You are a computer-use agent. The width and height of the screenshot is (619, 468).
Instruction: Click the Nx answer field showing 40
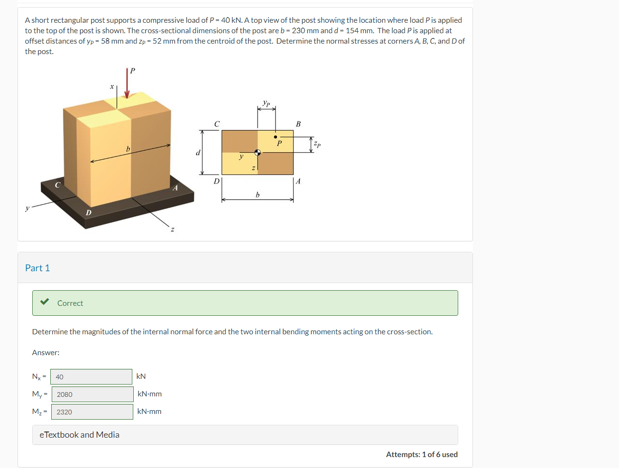point(91,376)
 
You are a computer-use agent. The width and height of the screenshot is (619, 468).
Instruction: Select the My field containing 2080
point(92,394)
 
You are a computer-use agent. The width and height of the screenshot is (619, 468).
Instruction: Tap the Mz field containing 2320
point(92,412)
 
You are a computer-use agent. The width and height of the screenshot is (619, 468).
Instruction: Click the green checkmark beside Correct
point(45,302)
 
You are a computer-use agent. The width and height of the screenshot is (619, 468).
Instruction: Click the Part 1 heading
point(37,268)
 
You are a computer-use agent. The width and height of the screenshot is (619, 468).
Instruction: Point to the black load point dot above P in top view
point(275,137)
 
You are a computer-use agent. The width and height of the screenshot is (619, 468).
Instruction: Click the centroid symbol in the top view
point(258,152)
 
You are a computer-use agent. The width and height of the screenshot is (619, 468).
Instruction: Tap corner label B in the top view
point(298,124)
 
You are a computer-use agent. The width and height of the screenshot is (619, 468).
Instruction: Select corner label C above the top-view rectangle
point(217,124)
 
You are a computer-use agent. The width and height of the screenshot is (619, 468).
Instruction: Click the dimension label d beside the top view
point(198,153)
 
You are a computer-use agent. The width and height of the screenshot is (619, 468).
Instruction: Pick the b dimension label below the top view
point(258,194)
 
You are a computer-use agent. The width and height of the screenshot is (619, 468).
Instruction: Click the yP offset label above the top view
point(267,103)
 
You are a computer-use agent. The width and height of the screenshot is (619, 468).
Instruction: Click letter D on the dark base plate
point(89,212)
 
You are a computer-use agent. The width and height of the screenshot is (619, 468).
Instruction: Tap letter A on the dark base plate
point(175,188)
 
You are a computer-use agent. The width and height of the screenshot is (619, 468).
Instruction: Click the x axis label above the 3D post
point(112,86)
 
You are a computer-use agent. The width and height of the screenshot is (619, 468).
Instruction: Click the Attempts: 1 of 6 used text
point(422,454)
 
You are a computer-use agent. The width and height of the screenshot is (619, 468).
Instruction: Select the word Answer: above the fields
point(46,352)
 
